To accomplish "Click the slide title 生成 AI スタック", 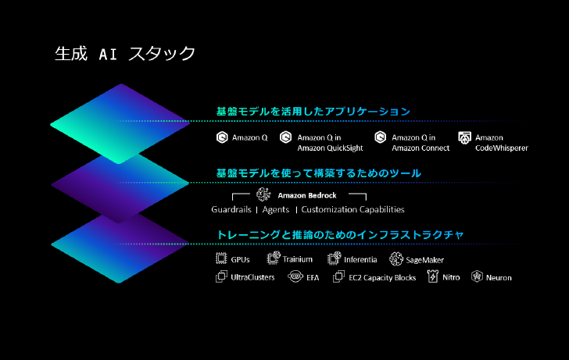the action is [x=125, y=54].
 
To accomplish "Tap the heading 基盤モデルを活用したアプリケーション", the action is [x=313, y=112].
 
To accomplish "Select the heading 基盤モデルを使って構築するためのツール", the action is [x=319, y=173].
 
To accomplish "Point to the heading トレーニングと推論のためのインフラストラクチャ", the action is [x=341, y=234].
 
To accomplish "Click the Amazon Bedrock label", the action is [x=307, y=195].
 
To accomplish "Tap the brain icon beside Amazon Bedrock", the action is [x=264, y=194].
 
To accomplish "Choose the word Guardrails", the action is [x=231, y=209].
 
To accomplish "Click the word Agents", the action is [x=276, y=209].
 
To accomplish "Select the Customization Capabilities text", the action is [x=352, y=209].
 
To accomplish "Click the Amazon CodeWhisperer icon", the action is [x=464, y=137].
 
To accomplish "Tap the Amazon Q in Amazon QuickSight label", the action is [x=330, y=142].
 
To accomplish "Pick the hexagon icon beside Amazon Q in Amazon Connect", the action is [x=381, y=137].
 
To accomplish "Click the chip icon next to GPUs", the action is [x=221, y=258].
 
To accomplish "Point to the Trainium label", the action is [x=298, y=259].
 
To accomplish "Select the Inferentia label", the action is [x=360, y=259].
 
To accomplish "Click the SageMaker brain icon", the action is [x=396, y=258].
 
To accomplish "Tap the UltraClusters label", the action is [x=252, y=277].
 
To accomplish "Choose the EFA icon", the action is [x=295, y=276].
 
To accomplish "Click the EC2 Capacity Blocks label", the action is [x=382, y=278].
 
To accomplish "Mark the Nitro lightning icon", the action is [x=433, y=276].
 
